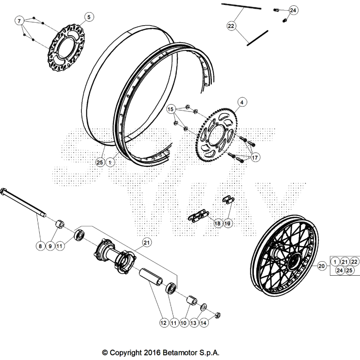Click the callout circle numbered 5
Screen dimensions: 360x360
coord(88,17)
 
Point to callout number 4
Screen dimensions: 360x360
coord(242,102)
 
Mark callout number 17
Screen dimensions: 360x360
coord(254,157)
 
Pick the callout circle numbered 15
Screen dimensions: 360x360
coord(171,110)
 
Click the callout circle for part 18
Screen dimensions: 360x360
coord(217,223)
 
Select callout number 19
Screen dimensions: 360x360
coord(227,223)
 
